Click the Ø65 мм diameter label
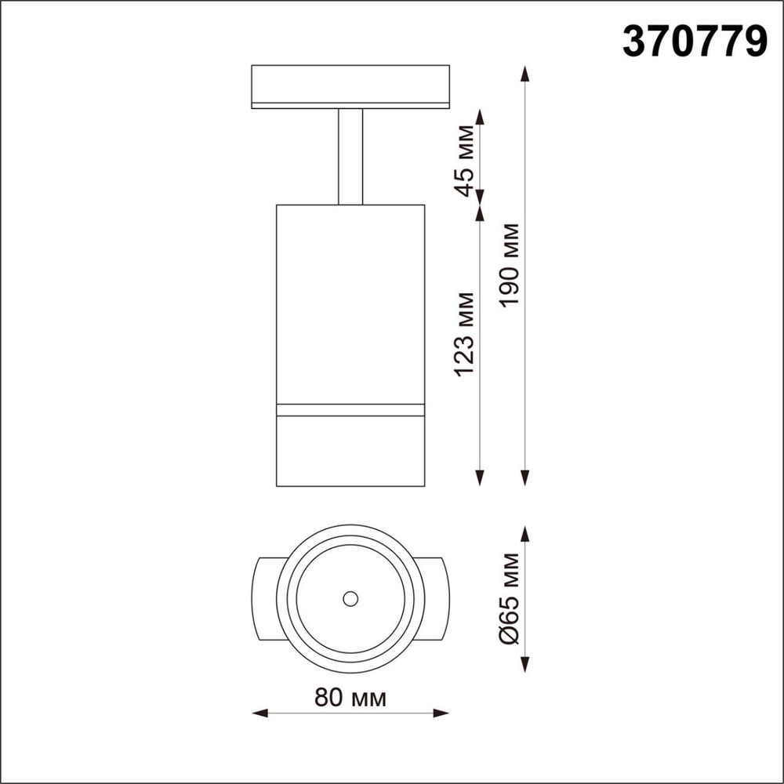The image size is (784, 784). (510, 597)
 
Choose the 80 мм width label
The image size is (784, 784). (350, 697)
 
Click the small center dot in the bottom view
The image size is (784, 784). (350, 598)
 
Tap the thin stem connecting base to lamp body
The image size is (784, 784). (350, 157)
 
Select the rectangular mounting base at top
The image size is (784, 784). (350, 86)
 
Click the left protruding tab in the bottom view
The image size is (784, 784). (266, 598)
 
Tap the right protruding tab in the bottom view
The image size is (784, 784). (435, 598)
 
